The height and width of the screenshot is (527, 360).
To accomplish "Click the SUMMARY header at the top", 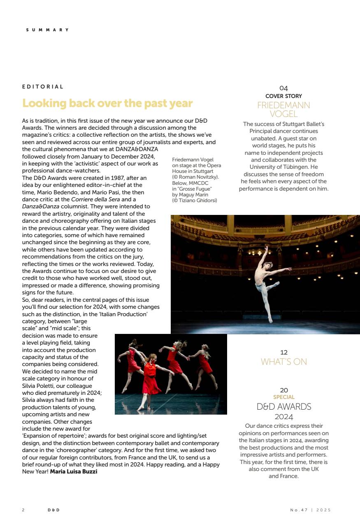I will coord(47,30).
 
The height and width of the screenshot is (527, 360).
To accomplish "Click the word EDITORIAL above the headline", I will coord(43,87).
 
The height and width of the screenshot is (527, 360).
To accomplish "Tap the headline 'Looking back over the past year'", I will coord(107,103).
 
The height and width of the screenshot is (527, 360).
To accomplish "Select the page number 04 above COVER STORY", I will coord(283,88).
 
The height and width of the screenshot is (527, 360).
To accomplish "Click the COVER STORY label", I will coord(283,96).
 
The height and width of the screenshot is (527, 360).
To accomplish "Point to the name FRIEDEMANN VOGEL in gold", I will coord(283,109).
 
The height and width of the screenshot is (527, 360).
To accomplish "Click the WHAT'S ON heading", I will coord(283,362).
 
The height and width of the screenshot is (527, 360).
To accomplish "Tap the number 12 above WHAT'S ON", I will coord(283,352).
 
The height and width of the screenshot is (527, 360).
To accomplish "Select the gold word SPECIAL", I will coord(283,397).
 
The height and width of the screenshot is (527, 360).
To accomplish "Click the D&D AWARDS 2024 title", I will coord(283,411).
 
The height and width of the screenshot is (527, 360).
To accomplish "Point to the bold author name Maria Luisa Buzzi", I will coord(74,471).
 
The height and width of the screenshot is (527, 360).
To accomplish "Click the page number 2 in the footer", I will coord(23,510).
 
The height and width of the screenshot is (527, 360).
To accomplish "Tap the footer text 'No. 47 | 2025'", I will coord(310,510).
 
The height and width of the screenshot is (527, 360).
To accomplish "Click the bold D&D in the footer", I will coord(53,510).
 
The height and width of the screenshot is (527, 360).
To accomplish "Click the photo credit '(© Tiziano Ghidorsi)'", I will coord(194,201).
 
